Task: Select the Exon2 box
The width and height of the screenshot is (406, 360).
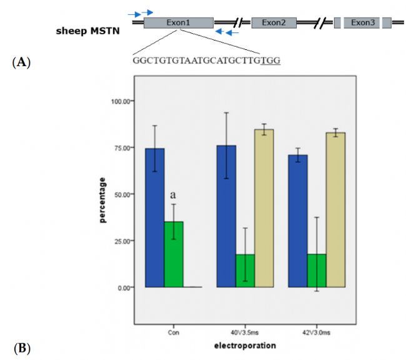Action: (274, 23)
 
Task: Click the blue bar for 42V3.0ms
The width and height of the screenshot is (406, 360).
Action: (298, 221)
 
